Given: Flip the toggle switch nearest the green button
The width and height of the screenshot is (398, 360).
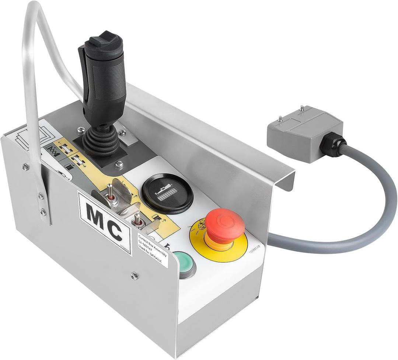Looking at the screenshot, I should click(137, 220).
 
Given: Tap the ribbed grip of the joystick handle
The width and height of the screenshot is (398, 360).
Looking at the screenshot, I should click(107, 74).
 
